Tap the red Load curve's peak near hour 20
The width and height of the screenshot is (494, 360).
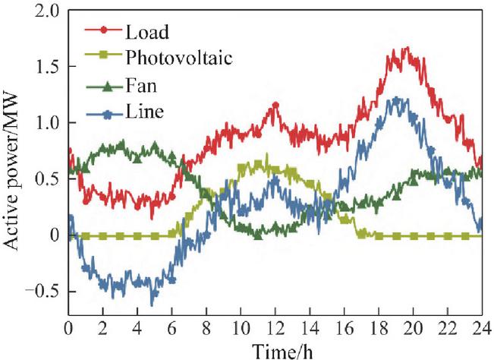pos(407,48)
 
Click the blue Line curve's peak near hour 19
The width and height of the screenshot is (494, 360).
pos(395,98)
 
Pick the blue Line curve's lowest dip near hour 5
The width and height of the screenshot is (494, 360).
pos(152,305)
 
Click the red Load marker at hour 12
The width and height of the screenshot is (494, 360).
pos(275,106)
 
